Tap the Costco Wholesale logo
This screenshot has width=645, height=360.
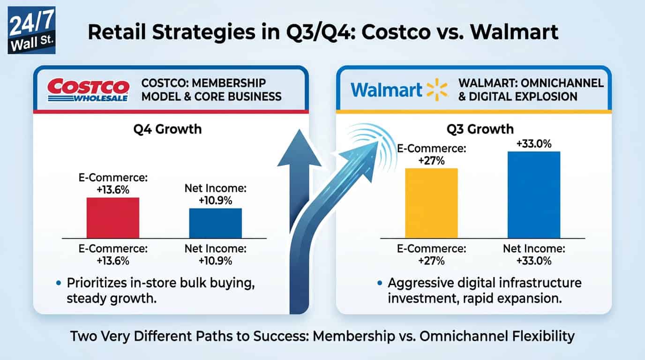tap(89, 90)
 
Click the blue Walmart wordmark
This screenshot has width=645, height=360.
tap(386, 90)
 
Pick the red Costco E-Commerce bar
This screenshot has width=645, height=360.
tap(113, 218)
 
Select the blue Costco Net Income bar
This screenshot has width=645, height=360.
tap(216, 223)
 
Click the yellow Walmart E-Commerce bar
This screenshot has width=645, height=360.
tap(431, 203)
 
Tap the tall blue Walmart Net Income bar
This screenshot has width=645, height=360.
tap(533, 195)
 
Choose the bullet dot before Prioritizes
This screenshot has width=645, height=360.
tap(58, 283)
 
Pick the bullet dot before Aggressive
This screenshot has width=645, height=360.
tap(379, 283)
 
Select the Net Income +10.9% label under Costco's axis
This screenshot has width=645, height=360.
tap(215, 254)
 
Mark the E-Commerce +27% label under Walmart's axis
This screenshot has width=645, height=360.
tap(431, 254)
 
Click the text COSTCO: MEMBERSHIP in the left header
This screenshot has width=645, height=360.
tap(203, 83)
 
